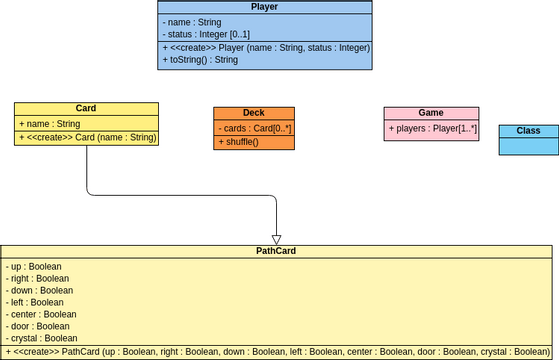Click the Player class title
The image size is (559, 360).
pos(264,7)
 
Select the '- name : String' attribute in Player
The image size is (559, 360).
pos(195,21)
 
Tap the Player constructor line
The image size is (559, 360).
pos(265,47)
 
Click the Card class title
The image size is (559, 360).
pos(86,109)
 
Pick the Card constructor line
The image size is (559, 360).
pos(86,137)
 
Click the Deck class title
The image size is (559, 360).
pos(254,113)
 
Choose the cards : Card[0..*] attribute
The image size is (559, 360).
pos(254,128)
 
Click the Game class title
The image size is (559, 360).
pos(431,113)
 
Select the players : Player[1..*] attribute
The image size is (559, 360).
pos(432,128)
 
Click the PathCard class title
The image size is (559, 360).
pos(276,252)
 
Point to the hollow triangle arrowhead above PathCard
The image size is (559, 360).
pos(276,239)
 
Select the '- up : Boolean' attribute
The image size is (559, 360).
pos(34,267)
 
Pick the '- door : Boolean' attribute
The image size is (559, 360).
pos(38,326)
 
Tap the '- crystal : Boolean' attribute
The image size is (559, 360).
pos(42,338)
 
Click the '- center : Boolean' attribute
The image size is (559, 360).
pos(41,314)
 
